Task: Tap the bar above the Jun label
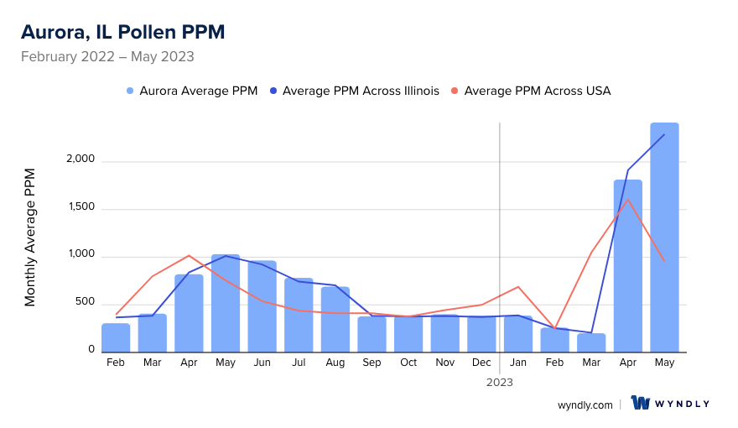(x=262, y=306)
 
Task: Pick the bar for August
(x=335, y=319)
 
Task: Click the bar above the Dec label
(x=481, y=334)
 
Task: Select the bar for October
(x=408, y=334)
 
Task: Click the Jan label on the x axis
(x=518, y=363)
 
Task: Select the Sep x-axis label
(x=372, y=363)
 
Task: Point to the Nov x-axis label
(x=445, y=363)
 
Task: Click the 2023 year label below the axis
(x=500, y=382)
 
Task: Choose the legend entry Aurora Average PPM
(x=192, y=91)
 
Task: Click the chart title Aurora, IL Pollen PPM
(x=122, y=32)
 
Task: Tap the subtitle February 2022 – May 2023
(x=107, y=57)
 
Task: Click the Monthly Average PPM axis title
(x=30, y=237)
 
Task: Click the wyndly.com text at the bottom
(x=585, y=405)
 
